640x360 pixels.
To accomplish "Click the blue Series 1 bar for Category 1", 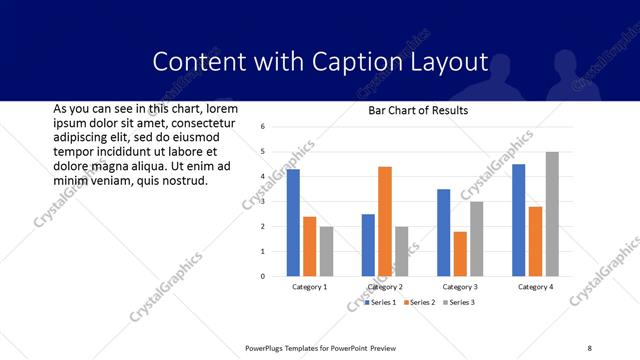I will (x=293, y=223).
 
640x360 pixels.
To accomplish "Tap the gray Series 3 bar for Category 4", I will (x=552, y=214).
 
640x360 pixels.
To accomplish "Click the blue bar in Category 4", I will (x=519, y=220).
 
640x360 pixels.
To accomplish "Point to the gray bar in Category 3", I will (x=477, y=239).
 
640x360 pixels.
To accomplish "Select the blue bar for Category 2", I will (x=368, y=245).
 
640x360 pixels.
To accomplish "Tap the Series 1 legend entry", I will (x=381, y=302).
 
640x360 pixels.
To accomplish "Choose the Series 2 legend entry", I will (x=420, y=302).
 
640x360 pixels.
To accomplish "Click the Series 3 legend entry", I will (x=458, y=302).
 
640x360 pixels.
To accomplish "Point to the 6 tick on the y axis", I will (x=261, y=127).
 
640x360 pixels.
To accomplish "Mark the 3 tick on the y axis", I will (x=261, y=202).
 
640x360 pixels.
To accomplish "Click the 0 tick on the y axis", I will (x=261, y=277).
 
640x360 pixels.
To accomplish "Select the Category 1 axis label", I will (x=310, y=287).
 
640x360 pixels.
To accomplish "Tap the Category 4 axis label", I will (x=536, y=287).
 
